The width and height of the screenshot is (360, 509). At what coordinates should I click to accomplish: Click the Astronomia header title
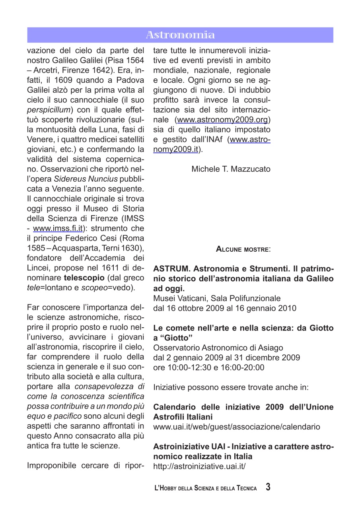click(180, 35)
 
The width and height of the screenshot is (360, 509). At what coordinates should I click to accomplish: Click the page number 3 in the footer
click(269, 487)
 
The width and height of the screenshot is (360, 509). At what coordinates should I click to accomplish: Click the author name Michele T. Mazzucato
click(231, 169)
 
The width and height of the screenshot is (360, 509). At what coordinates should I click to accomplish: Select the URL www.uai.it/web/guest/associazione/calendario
click(236, 427)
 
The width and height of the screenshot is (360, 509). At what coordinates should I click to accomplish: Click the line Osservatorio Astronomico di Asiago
click(218, 348)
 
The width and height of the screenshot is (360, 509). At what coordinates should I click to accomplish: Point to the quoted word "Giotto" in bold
click(173, 338)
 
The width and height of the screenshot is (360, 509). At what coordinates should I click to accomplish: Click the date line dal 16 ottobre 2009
click(224, 308)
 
